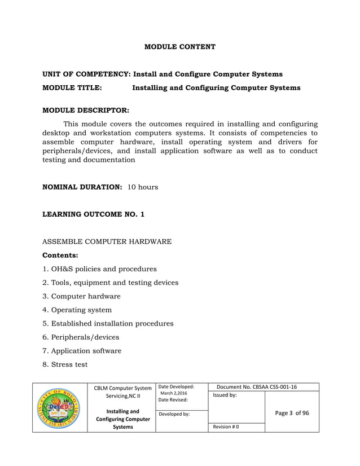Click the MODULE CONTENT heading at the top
(179, 47)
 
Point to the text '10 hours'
(143, 187)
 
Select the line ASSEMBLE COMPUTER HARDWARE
(107, 241)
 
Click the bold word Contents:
(60, 256)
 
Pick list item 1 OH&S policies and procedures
(100, 269)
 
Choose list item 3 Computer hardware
(82, 296)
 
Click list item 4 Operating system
(77, 310)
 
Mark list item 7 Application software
(82, 351)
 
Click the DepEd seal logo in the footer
(59, 407)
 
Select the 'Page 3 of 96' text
(292, 413)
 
